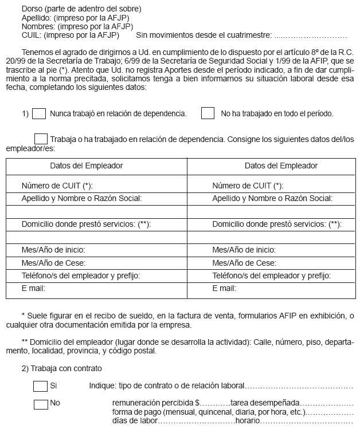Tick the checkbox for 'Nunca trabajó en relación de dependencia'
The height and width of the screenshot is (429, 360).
(x=39, y=113)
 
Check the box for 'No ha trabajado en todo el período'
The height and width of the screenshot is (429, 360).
(x=208, y=113)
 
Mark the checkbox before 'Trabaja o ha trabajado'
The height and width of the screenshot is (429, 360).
(x=41, y=139)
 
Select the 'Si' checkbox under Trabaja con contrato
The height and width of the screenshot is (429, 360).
(x=40, y=386)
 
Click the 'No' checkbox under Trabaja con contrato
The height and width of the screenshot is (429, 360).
(x=40, y=404)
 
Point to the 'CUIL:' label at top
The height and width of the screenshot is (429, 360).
(x=32, y=35)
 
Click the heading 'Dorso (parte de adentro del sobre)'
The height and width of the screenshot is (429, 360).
(x=81, y=9)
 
